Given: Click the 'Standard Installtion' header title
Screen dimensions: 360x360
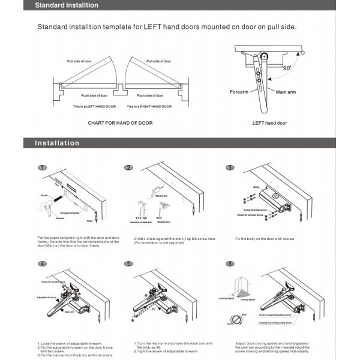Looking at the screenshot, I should coord(65,6).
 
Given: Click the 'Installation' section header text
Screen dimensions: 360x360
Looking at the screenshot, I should coord(57,143).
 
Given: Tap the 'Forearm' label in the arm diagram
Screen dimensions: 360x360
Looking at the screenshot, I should coord(240,92).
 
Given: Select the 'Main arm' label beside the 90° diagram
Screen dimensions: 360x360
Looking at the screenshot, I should coord(286,92).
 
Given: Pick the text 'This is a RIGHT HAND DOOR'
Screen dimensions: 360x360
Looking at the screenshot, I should coord(149,106).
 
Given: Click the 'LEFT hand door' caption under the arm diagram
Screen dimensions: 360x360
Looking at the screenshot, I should coord(269,122).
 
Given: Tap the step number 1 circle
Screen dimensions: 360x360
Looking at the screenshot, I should coord(42,168).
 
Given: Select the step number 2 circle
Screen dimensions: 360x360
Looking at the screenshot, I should coord(128,168).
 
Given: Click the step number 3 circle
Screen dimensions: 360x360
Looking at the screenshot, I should coord(229,168).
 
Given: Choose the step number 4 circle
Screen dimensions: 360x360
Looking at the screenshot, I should coord(42,264).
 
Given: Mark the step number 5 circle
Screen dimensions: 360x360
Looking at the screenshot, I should coord(128,264).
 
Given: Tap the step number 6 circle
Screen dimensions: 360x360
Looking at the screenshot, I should coord(229,264).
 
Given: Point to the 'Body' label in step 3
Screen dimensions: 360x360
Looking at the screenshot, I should coord(256,187).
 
